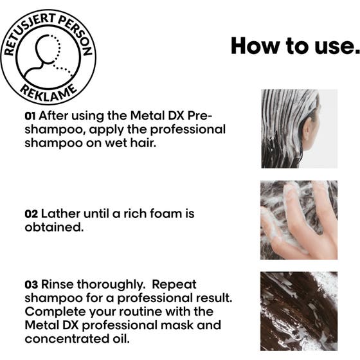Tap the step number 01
[30, 117]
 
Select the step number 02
[31, 213]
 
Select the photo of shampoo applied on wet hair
[298, 129]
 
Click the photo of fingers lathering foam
[298, 220]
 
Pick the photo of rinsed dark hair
[298, 310]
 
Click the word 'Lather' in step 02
[62, 213]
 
